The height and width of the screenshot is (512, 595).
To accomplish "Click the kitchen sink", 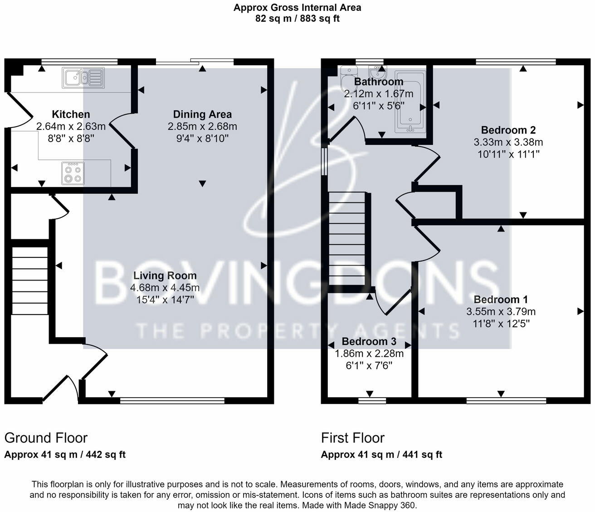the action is tap(83, 78).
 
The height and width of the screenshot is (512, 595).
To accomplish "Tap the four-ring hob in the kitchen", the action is tap(73, 173).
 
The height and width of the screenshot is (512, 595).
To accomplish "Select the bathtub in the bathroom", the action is tap(410, 102).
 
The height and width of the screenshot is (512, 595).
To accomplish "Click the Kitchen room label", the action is tap(71, 114).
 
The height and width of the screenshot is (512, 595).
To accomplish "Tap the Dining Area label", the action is tap(202, 114).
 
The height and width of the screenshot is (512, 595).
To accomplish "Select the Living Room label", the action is tap(165, 276).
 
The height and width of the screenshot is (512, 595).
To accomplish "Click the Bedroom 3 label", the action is tap(369, 341).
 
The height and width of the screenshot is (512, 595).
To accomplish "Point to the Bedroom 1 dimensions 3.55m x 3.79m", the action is tap(501, 311).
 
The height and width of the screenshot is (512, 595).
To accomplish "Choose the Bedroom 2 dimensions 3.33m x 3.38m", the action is tap(508, 142).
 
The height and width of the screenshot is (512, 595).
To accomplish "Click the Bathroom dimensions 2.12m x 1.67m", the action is tap(379, 94).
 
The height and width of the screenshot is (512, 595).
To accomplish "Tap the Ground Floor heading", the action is tap(46, 438).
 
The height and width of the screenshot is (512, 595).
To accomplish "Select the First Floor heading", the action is tap(353, 438).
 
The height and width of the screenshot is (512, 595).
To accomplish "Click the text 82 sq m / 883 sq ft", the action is tap(297, 19).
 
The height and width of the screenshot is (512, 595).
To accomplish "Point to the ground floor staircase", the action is tap(29, 281).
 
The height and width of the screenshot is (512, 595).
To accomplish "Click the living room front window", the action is tap(172, 400).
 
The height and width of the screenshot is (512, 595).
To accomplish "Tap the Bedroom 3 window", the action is tap(372, 400).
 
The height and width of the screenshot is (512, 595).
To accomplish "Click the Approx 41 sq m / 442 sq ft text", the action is tap(65, 455).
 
